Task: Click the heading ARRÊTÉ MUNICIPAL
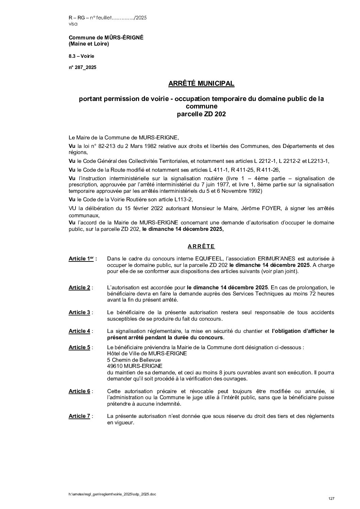[201, 83]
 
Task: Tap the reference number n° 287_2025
[82, 67]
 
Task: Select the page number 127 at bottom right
[331, 498]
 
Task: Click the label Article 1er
[82, 259]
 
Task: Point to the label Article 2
[80, 288]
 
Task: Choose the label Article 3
[80, 312]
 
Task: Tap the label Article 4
[80, 331]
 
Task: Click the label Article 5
[80, 347]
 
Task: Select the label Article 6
[80, 391]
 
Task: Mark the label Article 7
[80, 416]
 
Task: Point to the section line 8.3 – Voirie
[81, 56]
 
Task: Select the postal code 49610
[115, 366]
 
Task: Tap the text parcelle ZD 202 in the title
[201, 115]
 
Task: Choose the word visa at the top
[73, 24]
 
